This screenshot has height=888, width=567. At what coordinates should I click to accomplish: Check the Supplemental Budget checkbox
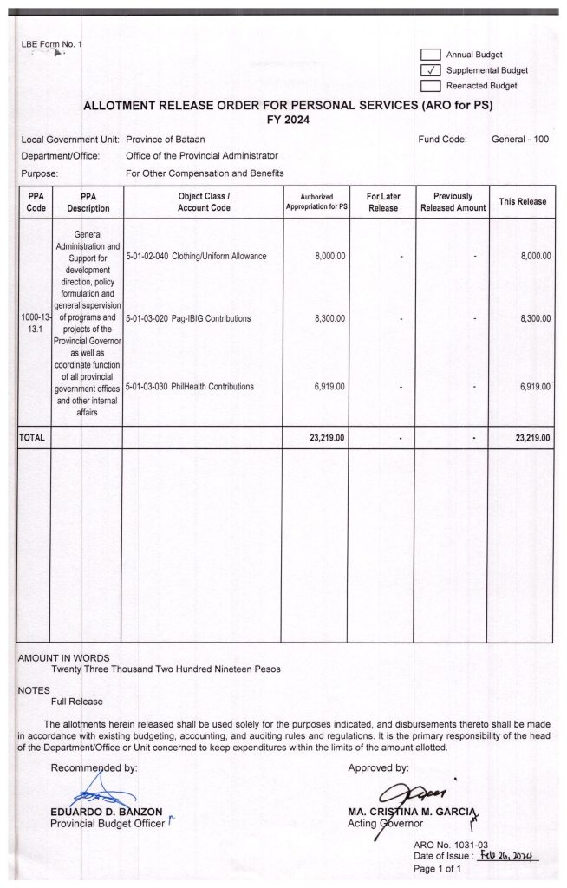click(431, 70)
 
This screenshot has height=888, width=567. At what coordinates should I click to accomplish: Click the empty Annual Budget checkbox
click(431, 55)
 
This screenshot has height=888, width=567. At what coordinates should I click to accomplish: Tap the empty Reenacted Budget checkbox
click(431, 86)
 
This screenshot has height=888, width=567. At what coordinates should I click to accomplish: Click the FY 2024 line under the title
click(292, 120)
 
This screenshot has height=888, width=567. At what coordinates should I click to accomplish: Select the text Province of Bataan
click(165, 140)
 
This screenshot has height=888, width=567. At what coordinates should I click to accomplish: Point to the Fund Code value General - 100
click(519, 140)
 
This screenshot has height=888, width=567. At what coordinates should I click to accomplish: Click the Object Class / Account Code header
click(204, 202)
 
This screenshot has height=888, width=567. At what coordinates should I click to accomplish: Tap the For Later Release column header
click(382, 202)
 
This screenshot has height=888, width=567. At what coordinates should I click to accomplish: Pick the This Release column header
click(523, 202)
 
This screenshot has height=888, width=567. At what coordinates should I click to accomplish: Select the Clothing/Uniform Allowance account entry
click(196, 257)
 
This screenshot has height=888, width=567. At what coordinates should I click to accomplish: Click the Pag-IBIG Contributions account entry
click(188, 319)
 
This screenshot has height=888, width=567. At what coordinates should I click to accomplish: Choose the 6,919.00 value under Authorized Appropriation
click(329, 387)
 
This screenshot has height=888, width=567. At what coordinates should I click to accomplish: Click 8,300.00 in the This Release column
click(535, 319)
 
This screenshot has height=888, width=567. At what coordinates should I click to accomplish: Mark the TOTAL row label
click(32, 438)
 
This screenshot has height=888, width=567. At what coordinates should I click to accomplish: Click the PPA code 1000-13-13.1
click(34, 325)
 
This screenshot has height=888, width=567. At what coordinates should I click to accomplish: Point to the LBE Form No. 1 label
click(50, 44)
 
